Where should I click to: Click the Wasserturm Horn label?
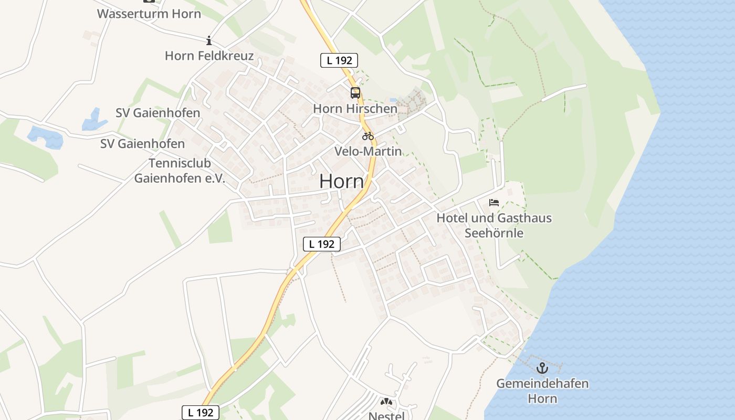[149, 14]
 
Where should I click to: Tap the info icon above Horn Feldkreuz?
[209, 40]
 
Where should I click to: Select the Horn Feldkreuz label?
[209, 56]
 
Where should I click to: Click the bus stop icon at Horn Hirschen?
[355, 93]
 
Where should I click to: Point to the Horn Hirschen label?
[355, 109]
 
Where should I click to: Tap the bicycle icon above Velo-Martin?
[368, 136]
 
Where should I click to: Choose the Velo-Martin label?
[368, 151]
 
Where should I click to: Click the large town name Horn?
[341, 181]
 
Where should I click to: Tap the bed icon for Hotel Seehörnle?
[493, 202]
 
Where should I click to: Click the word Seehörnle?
[493, 233]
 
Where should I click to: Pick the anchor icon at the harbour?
[542, 368]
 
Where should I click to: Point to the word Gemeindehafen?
[542, 383]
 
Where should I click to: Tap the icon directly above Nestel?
[387, 402]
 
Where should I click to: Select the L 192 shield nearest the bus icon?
[339, 60]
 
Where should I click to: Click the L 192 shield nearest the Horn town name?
[322, 244]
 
